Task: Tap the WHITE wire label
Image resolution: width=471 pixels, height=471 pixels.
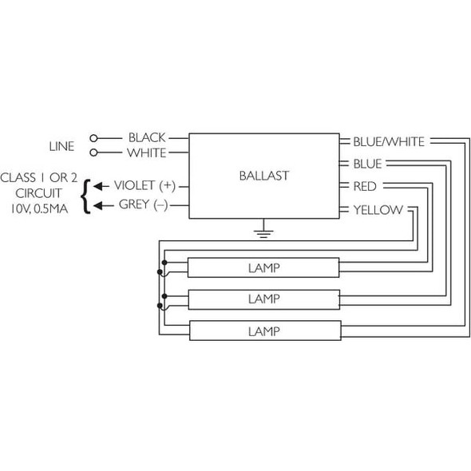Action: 147,152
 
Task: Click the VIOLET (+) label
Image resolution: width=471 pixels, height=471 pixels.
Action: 144,185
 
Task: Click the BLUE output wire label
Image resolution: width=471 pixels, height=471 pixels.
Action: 368,164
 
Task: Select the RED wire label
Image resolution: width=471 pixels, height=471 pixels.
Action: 365,186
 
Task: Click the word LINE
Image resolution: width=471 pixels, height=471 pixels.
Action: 61,146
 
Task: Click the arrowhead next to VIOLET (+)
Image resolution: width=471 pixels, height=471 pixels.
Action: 97,185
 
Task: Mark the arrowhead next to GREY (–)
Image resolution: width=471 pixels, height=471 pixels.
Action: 97,204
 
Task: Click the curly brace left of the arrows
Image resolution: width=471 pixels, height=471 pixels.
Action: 85,194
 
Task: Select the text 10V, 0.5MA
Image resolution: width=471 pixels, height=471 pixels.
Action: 41,211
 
